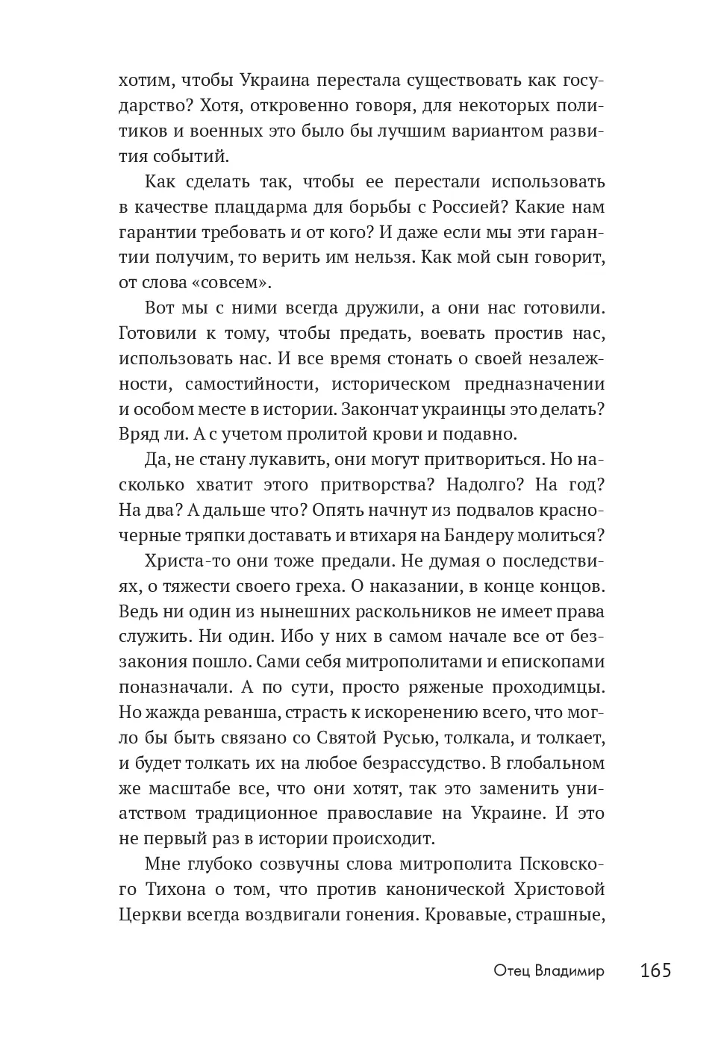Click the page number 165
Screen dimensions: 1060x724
pyautogui.click(x=655, y=970)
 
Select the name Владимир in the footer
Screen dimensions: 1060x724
pyautogui.click(x=569, y=971)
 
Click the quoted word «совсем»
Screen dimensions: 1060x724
pyautogui.click(x=230, y=283)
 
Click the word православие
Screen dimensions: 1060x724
pyautogui.click(x=336, y=814)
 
